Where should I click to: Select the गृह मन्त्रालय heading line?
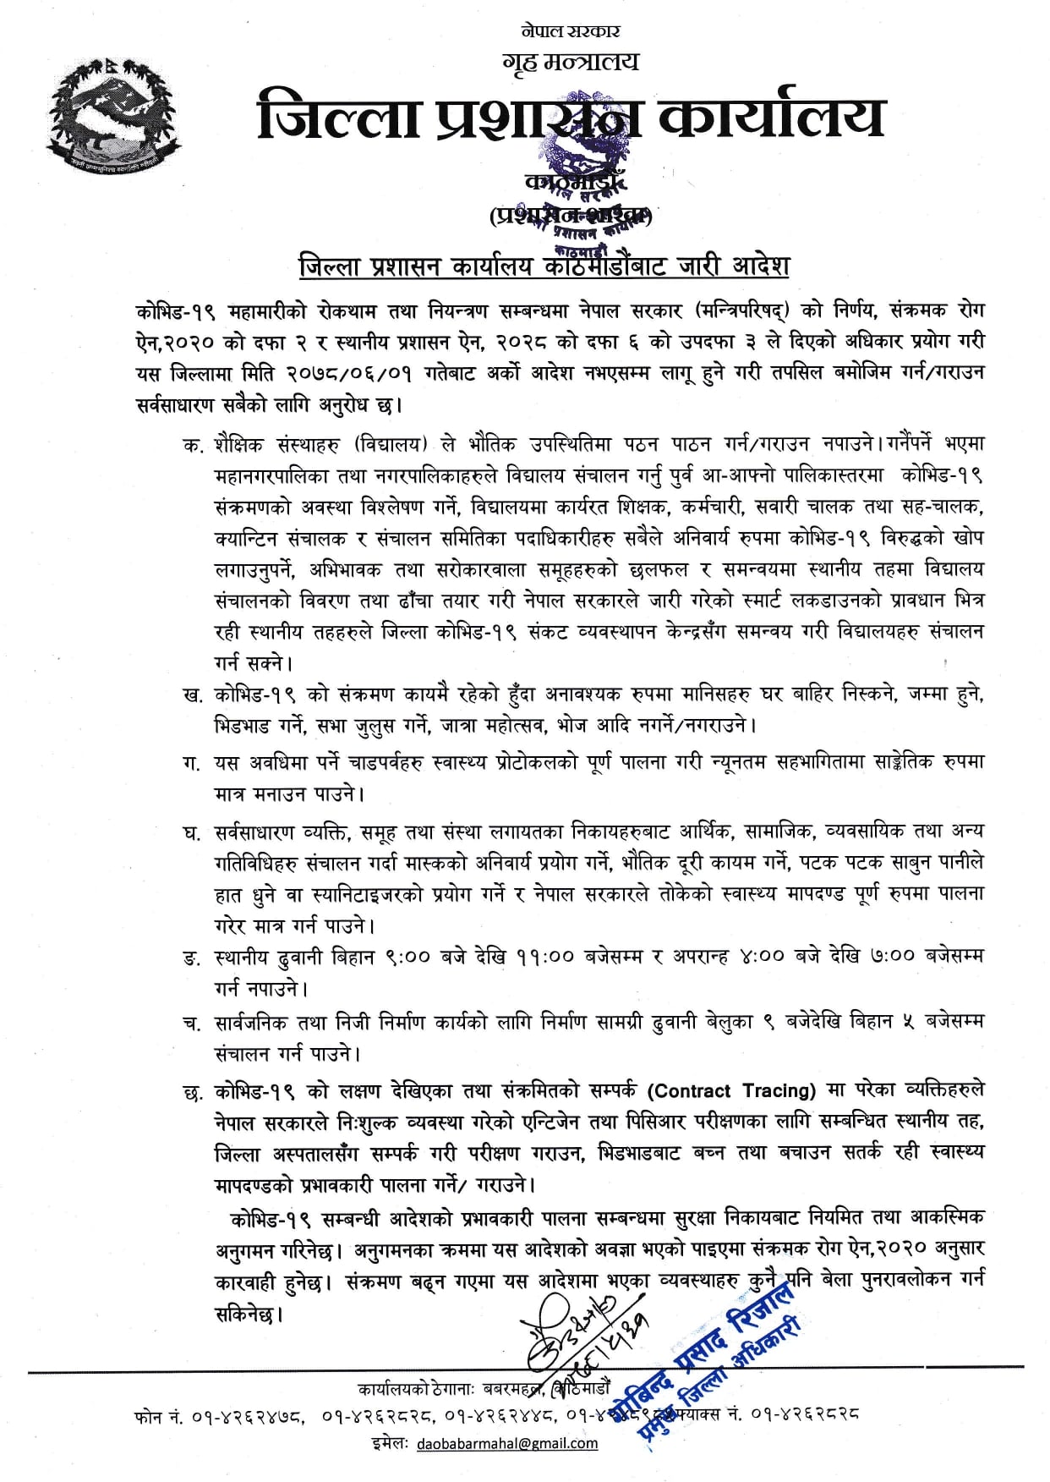click(571, 62)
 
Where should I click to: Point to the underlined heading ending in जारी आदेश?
click(544, 266)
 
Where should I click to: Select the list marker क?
click(192, 445)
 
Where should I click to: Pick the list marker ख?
click(192, 695)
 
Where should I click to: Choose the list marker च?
click(192, 1024)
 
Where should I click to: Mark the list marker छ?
click(192, 1092)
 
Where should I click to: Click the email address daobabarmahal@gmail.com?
click(507, 1443)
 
